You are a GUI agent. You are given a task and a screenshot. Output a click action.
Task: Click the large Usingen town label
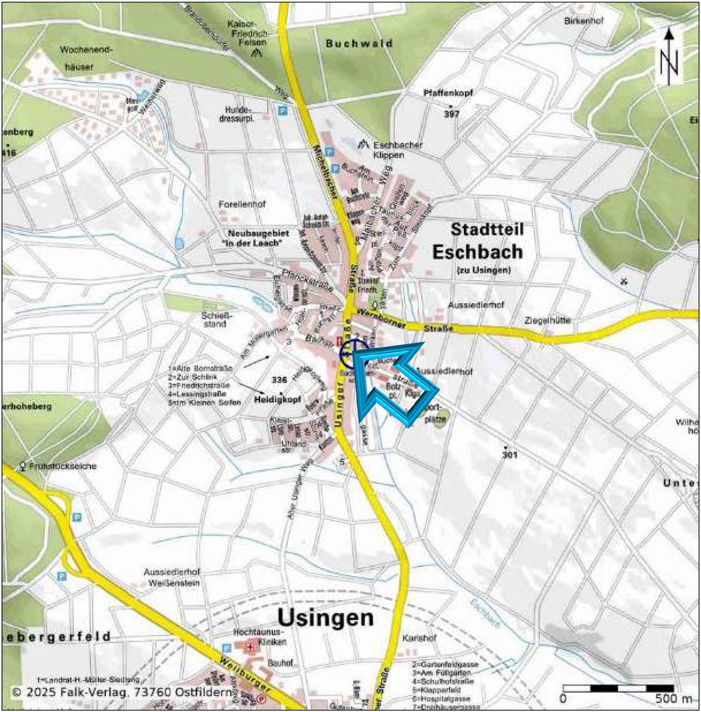click(x=325, y=618)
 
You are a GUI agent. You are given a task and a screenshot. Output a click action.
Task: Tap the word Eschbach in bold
click(x=478, y=252)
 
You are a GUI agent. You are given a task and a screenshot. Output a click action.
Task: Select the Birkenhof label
click(x=583, y=21)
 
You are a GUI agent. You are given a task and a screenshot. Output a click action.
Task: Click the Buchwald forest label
click(x=359, y=44)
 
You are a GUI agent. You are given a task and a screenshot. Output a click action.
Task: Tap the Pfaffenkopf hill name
click(x=448, y=93)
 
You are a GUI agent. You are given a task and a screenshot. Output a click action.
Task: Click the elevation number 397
click(x=451, y=114)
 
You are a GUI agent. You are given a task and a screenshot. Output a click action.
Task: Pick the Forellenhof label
click(x=242, y=204)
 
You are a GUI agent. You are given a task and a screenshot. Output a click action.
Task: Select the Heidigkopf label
click(x=277, y=400)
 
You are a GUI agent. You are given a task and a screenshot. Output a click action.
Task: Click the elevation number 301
click(x=510, y=455)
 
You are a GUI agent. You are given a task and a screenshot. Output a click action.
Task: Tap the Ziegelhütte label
click(x=547, y=321)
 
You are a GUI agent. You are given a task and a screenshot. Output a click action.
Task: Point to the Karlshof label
click(x=419, y=638)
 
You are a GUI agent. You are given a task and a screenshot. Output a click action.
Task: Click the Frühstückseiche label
click(x=63, y=466)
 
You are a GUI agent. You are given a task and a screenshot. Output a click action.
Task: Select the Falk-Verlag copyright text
click(x=122, y=692)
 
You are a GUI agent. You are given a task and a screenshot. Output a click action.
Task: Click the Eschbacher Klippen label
click(x=397, y=150)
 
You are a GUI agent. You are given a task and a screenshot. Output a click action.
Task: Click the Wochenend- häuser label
click(x=84, y=58)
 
